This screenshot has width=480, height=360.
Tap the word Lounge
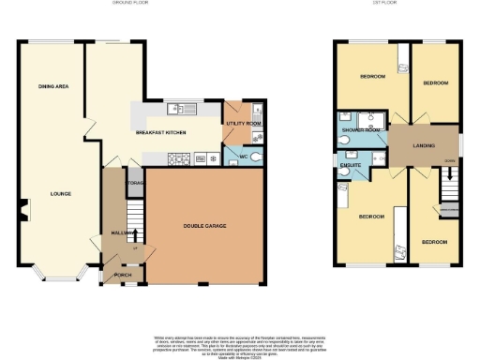[61, 194]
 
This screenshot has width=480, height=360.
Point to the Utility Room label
[243, 124]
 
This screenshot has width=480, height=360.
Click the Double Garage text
[203, 226]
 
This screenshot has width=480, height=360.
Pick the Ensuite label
[352, 164]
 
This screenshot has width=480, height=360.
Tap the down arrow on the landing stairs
[450, 160]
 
